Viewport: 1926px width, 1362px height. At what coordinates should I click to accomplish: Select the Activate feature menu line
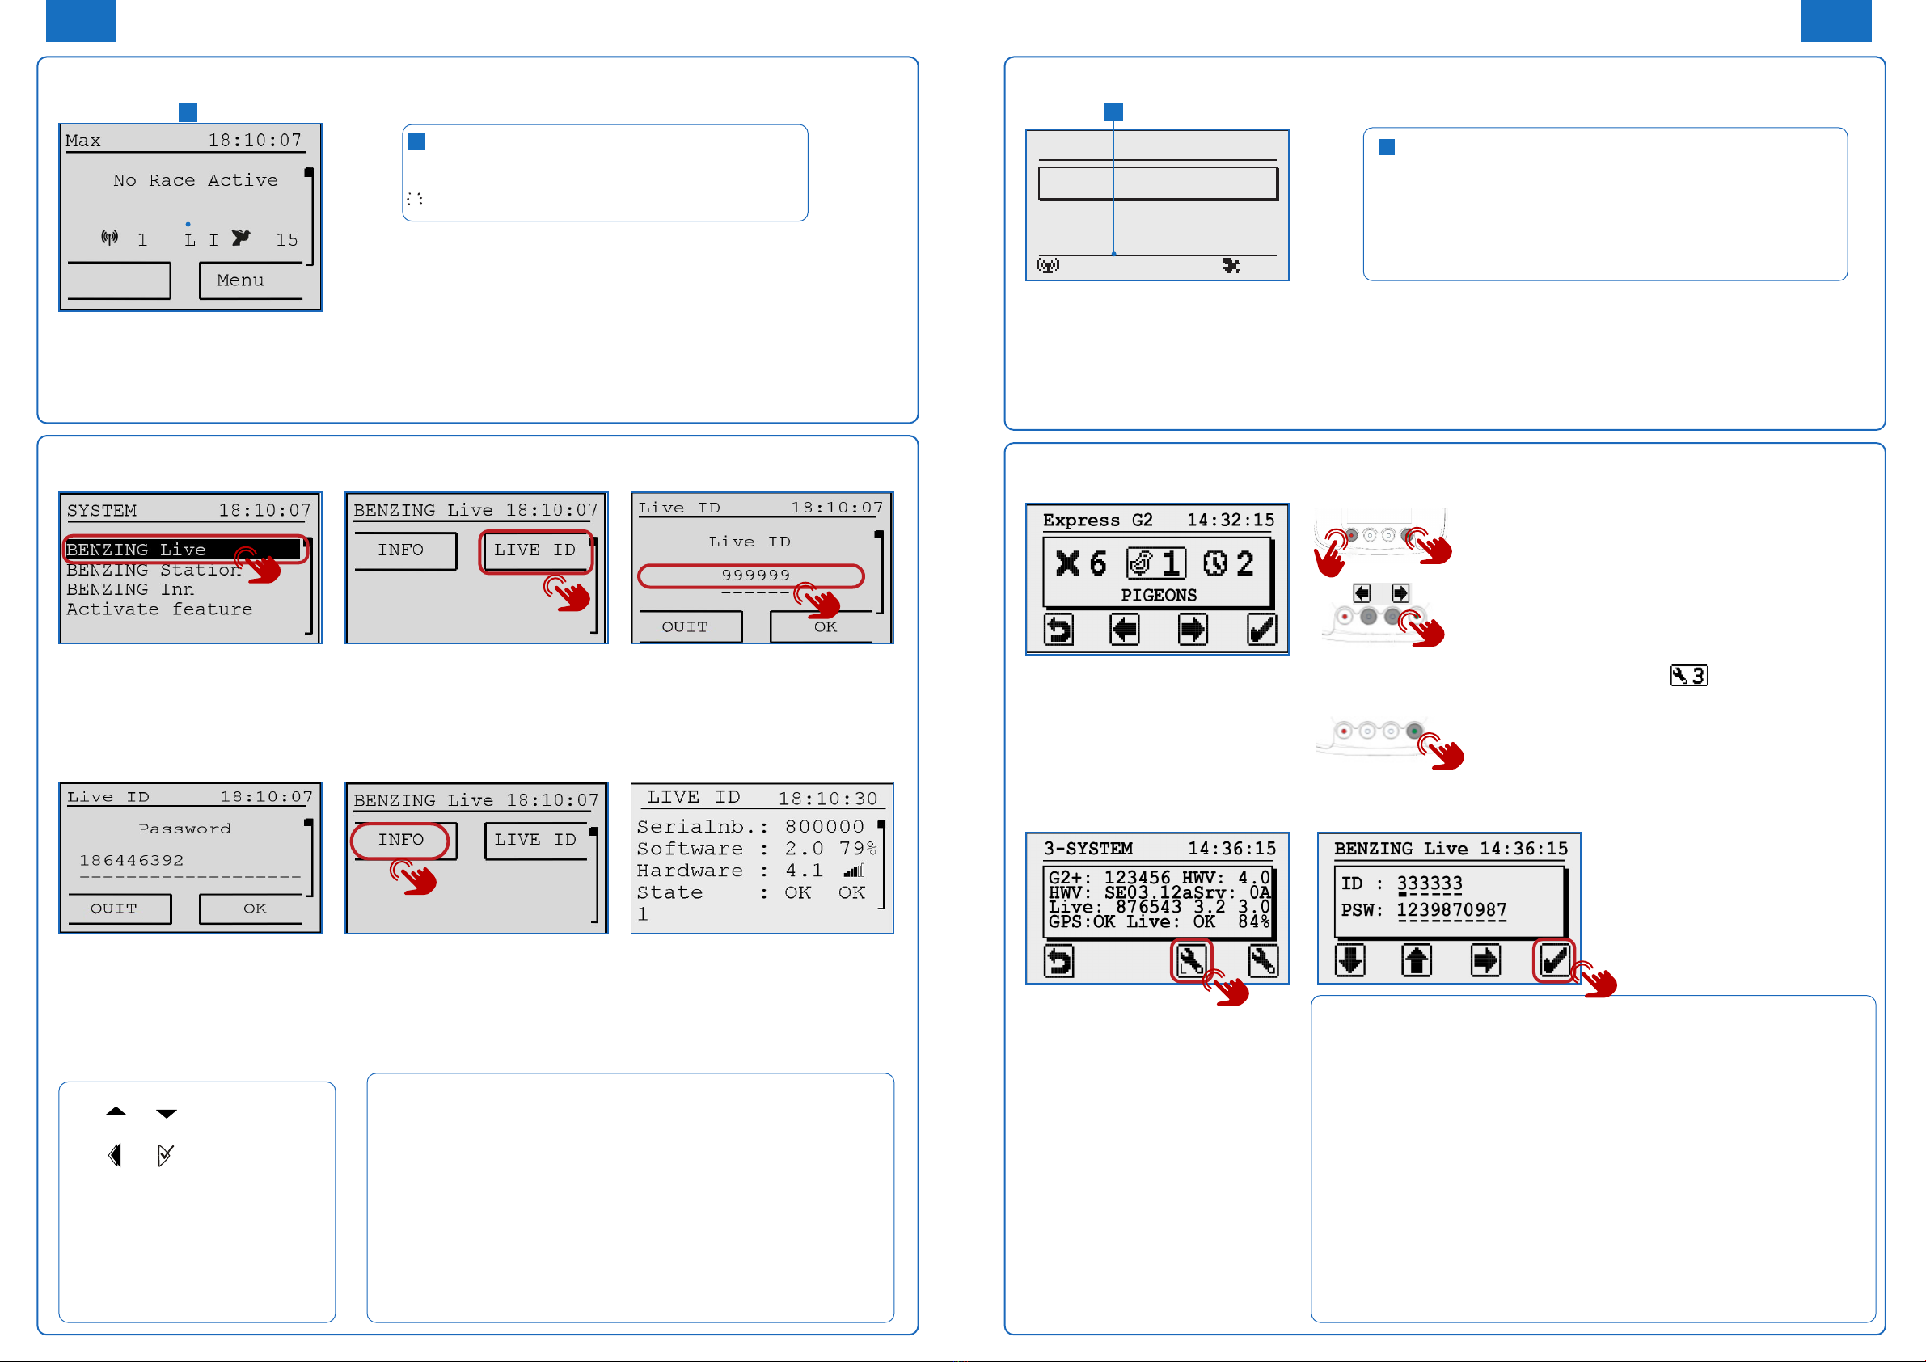[x=159, y=609]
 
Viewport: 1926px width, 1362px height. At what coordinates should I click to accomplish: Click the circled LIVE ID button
[x=535, y=550]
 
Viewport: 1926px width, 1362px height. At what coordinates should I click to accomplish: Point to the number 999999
[x=756, y=576]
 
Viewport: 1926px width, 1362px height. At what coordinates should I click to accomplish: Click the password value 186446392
[x=132, y=861]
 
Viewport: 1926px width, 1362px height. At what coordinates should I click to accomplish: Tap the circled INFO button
[x=401, y=841]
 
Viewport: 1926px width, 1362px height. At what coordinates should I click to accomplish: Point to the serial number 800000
[x=824, y=827]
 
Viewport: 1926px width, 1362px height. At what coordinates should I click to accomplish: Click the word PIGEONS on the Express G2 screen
[x=1159, y=596]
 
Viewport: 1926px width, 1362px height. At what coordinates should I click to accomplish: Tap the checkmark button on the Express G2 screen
[x=1261, y=629]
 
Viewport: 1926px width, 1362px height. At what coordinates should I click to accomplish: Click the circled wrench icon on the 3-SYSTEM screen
[x=1191, y=961]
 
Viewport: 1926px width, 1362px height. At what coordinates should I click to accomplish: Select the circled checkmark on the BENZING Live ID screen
[x=1554, y=961]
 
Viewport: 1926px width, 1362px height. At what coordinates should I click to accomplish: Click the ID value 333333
[x=1430, y=883]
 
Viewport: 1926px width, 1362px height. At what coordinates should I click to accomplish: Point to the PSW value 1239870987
[x=1451, y=910]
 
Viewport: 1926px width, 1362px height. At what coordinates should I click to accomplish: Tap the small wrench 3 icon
[x=1688, y=675]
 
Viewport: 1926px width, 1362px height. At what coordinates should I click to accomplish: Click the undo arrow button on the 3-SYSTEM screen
[x=1059, y=961]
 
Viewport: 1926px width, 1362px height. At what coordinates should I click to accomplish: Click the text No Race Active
[x=196, y=180]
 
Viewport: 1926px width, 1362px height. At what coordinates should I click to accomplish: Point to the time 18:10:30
[x=828, y=799]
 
